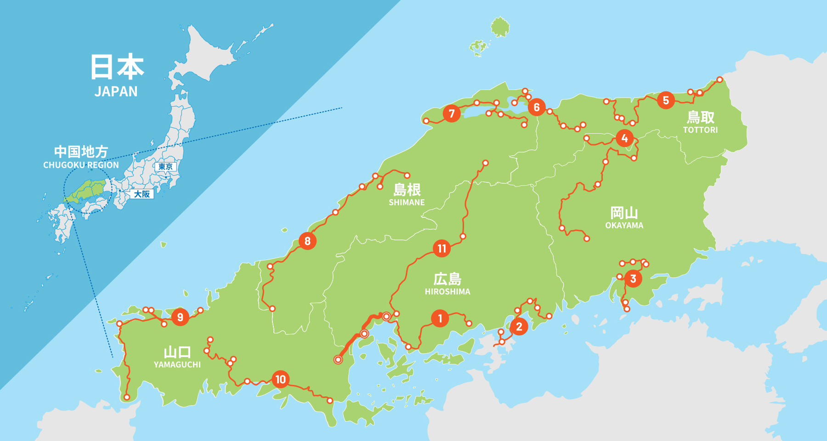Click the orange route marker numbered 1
(x=440, y=318)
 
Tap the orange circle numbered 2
(x=519, y=327)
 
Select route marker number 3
(x=633, y=278)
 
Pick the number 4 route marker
(x=624, y=138)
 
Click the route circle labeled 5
(x=666, y=100)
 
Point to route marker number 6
(x=536, y=107)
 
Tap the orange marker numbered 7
(x=452, y=113)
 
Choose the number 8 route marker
(x=307, y=241)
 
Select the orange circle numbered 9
(x=180, y=317)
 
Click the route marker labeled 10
(x=280, y=379)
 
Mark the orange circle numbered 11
(x=442, y=249)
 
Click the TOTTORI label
(x=700, y=130)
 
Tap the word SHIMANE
(x=407, y=203)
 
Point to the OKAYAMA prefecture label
(x=624, y=226)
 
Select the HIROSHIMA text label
(x=447, y=292)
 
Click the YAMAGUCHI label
(x=177, y=365)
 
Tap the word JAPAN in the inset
(x=116, y=92)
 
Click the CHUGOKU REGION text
(x=81, y=165)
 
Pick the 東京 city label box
(x=165, y=167)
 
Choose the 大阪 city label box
(x=142, y=194)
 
